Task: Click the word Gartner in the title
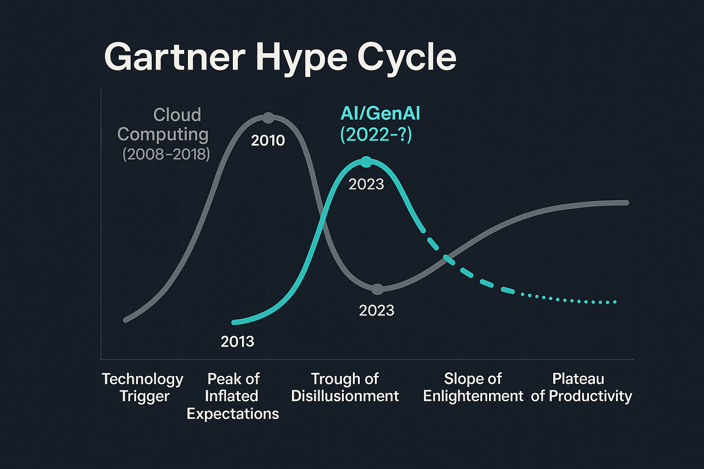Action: pos(174,57)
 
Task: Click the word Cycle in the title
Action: pos(407,57)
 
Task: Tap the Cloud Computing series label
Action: pos(163,124)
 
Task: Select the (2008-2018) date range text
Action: pos(166,154)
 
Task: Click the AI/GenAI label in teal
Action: pos(380,114)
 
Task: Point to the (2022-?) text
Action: pos(376,135)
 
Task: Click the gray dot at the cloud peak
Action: pos(269,118)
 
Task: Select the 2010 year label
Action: pos(268,141)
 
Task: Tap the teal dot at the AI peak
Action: pos(366,162)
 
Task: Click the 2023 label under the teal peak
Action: pos(366,184)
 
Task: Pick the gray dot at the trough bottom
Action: pos(377,289)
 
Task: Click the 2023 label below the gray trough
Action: pos(376,311)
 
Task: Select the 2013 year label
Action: pos(237,342)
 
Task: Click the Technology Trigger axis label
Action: pos(143,387)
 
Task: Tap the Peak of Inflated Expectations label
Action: pos(233,396)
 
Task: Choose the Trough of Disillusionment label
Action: pos(345,387)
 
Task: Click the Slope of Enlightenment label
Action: pos(473,387)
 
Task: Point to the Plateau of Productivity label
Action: pos(581,387)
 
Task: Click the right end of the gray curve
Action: pos(626,203)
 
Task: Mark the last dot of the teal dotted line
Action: pos(615,302)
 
